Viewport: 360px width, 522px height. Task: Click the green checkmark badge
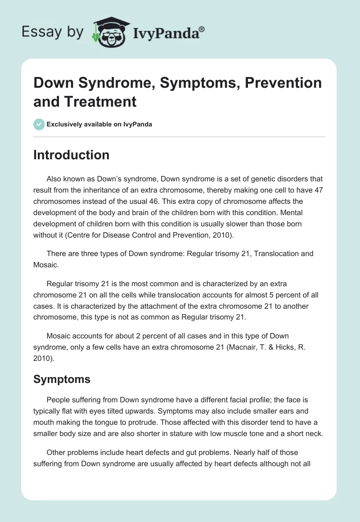[39, 125]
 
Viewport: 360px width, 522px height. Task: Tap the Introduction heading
[72, 155]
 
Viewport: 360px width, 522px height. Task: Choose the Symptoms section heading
[62, 379]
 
